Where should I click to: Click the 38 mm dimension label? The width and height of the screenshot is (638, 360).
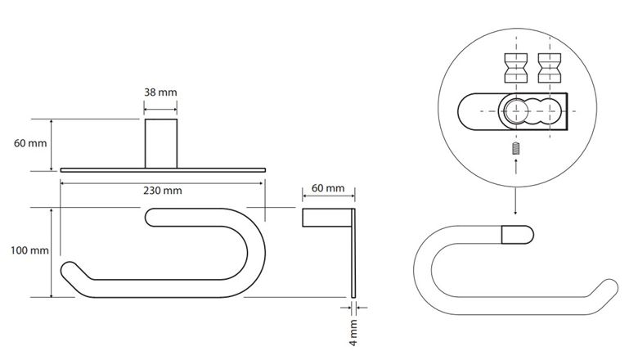pos(160,92)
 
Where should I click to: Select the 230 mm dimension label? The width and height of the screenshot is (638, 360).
pos(162,191)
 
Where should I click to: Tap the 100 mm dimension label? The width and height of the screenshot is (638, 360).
pos(29,250)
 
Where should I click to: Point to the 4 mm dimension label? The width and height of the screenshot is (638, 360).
pos(353,332)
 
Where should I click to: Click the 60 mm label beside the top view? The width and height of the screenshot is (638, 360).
pos(30,143)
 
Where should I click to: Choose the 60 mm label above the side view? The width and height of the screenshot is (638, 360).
pos(328,188)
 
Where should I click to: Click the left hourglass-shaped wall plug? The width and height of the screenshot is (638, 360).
pos(516,68)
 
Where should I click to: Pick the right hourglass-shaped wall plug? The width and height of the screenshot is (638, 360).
pos(550,68)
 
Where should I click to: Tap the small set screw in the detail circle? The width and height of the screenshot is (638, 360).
pos(516,148)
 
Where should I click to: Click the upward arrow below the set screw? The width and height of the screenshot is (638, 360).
pos(516,166)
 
